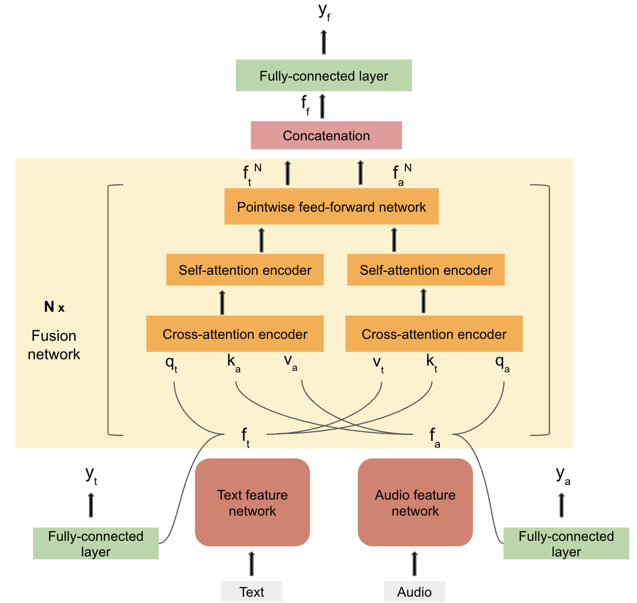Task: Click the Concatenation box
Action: (x=326, y=135)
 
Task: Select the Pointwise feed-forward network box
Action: (x=331, y=207)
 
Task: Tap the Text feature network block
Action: (x=252, y=502)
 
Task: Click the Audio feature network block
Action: (x=415, y=502)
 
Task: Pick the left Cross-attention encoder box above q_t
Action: (x=235, y=334)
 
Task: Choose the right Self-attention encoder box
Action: (x=426, y=270)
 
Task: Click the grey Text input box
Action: (x=251, y=592)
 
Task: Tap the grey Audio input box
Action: (x=414, y=592)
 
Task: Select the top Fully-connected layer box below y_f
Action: (x=324, y=76)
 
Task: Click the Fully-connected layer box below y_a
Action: (x=566, y=544)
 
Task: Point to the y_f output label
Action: (x=324, y=12)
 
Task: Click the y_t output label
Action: (x=91, y=474)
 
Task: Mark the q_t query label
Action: (x=171, y=363)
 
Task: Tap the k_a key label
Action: (x=234, y=363)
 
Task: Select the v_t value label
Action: (x=378, y=363)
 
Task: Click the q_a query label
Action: (x=502, y=363)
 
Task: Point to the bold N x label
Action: (x=54, y=307)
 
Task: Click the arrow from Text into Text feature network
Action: (x=251, y=563)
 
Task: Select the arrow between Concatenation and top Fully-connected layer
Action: (x=322, y=106)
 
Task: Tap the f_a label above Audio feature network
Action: (x=435, y=436)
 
